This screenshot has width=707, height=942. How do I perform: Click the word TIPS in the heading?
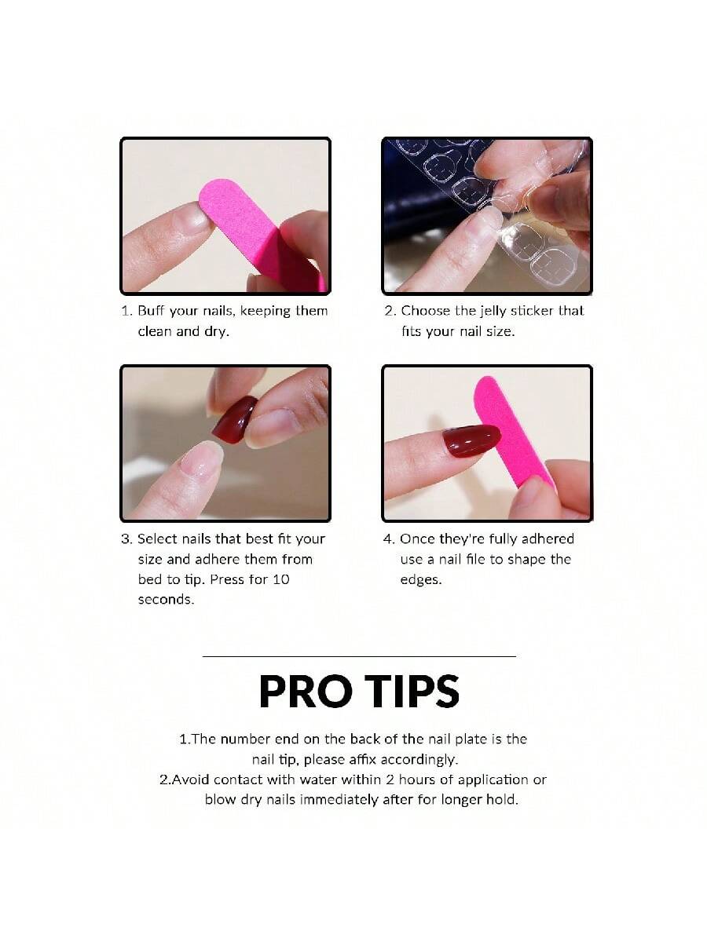point(412,692)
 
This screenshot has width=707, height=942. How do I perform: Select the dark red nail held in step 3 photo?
point(234,418)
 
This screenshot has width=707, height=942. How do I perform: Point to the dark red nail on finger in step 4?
point(471,440)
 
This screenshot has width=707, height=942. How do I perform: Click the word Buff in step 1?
point(151,310)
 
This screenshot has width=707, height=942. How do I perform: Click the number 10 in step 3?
point(281,579)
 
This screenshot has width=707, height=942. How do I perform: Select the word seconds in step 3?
point(166,600)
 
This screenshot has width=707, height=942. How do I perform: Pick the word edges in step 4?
point(421,580)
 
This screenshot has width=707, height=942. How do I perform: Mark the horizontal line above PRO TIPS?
point(359,656)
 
